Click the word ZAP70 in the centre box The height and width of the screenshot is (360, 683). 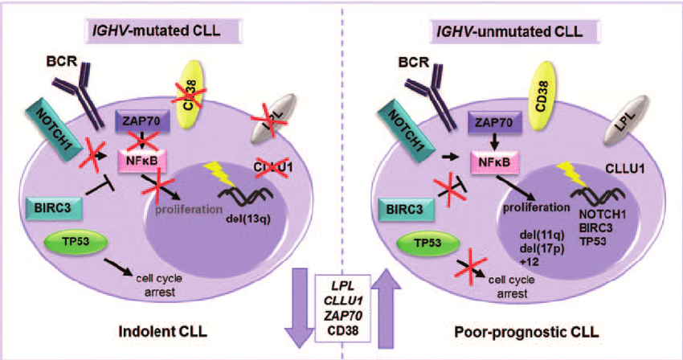click(x=343, y=316)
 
